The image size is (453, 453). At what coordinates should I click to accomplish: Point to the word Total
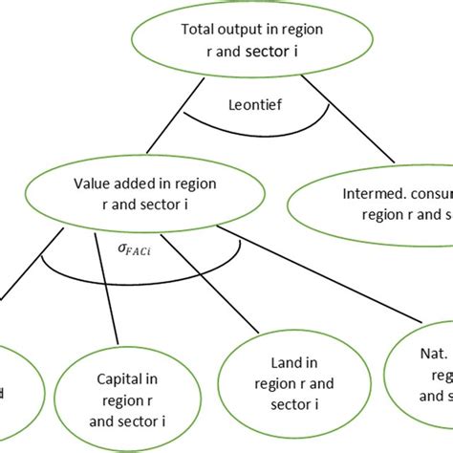click(199, 29)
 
